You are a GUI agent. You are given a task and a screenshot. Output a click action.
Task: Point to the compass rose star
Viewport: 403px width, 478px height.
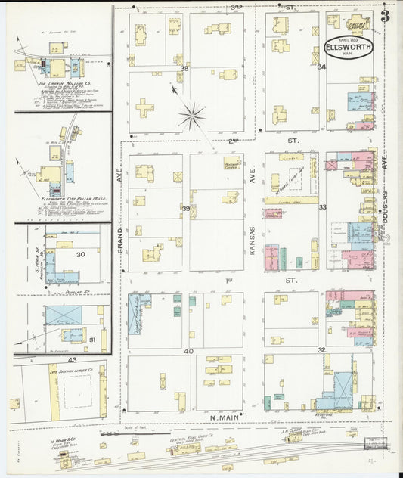(x=192, y=116)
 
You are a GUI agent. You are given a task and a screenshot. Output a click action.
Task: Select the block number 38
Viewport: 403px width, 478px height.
(x=184, y=68)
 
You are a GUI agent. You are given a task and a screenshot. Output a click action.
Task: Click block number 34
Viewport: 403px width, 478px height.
(x=321, y=67)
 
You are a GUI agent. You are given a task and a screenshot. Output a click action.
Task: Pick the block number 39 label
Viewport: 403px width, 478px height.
(x=184, y=208)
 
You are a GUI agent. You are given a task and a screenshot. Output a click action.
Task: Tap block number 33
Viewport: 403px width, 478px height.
(x=321, y=206)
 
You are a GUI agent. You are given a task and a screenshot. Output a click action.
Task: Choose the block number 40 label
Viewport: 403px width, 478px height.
(x=188, y=351)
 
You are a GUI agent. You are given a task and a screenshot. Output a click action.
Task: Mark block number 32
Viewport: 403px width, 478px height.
(x=321, y=350)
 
